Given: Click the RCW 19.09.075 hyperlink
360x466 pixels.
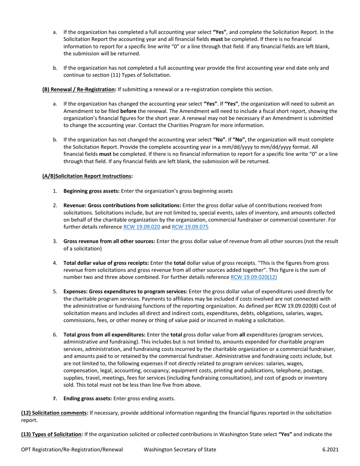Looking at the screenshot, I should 190,227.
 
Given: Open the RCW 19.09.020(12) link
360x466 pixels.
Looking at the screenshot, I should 254,277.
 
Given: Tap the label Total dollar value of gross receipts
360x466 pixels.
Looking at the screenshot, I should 106,263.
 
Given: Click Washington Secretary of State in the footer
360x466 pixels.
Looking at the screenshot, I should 180,450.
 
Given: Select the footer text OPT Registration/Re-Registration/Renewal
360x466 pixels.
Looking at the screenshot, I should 72,450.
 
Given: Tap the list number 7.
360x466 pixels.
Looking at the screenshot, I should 55,398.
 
